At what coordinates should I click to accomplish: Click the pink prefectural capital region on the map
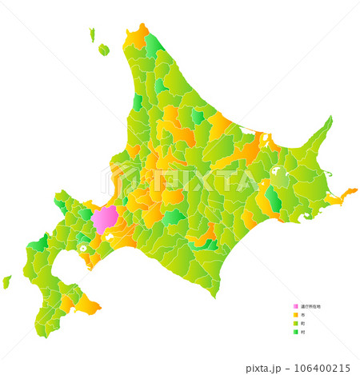105,217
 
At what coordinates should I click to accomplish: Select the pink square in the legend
295,306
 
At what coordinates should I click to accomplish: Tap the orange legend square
295,315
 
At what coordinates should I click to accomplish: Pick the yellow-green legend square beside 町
295,323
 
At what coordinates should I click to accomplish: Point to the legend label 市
302,315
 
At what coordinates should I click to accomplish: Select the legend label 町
302,323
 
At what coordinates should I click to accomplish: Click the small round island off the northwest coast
103,50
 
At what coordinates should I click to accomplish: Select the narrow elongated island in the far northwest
92,34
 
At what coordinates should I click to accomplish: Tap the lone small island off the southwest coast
6,281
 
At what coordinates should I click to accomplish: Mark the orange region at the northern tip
137,37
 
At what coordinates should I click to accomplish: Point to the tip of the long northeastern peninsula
329,119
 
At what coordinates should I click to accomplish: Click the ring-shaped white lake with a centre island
82,248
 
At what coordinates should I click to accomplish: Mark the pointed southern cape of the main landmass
214,293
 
